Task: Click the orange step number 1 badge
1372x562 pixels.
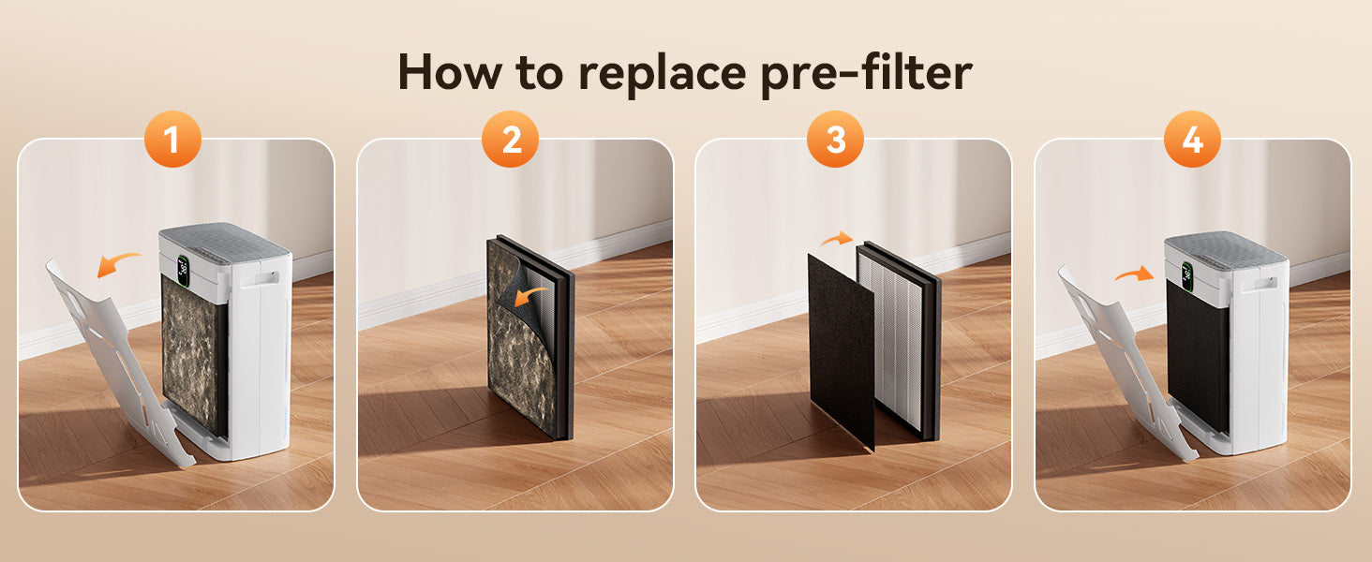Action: pos(172,139)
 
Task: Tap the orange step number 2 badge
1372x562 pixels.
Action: pos(510,139)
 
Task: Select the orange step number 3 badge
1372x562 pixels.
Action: pos(835,139)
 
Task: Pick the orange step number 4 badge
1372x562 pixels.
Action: pos(1192,139)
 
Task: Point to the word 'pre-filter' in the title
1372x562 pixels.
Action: pos(866,73)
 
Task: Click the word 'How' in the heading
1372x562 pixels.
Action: pos(450,72)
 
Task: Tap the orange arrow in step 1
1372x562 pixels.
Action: pos(119,264)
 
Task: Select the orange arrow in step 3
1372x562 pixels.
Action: pos(837,239)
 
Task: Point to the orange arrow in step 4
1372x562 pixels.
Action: pos(1134,274)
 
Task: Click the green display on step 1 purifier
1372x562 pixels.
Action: pos(183,271)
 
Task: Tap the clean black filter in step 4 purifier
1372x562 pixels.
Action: pos(1197,356)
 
